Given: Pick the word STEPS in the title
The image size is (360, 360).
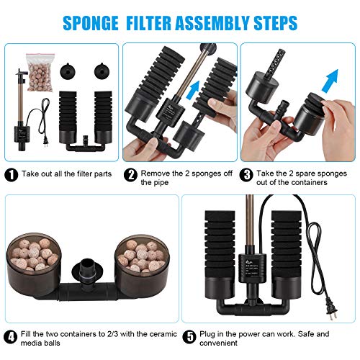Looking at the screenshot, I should pyautogui.click(x=271, y=23).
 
